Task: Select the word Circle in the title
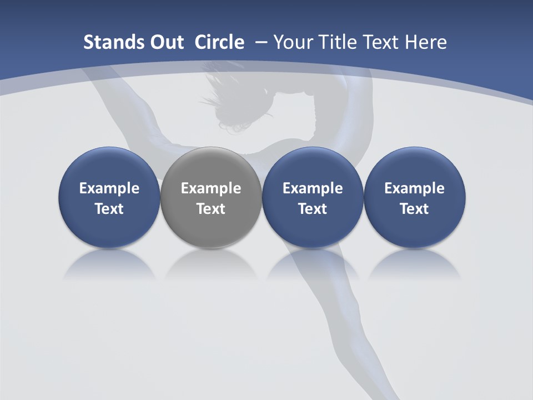point(219,42)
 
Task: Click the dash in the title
point(262,42)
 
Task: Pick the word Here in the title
point(426,42)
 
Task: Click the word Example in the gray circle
point(210,188)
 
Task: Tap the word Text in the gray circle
point(210,209)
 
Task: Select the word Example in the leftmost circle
point(109,188)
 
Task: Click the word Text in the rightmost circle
point(414,209)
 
